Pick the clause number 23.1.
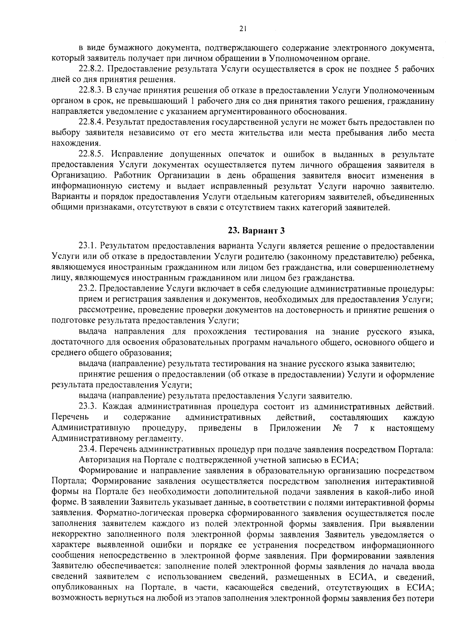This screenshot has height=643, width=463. click(88, 246)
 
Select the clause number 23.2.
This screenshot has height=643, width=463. click(88, 288)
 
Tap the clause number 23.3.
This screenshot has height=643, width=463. click(88, 407)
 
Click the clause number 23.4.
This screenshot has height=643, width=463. click(88, 449)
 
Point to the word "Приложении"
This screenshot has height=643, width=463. click(295, 428)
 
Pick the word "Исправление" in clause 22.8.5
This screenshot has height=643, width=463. click(135, 154)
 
